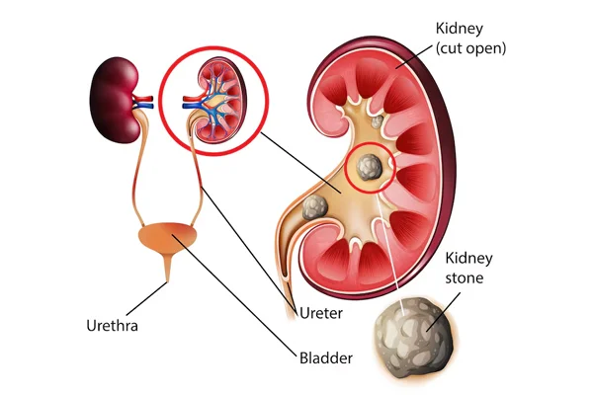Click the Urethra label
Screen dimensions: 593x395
coord(112,326)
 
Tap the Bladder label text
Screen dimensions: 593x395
coord(326,357)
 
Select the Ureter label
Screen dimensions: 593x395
coord(321,313)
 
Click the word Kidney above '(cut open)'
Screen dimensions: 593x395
coord(460,29)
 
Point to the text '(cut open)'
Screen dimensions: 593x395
coord(470,48)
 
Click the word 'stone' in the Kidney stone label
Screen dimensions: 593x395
coord(465,278)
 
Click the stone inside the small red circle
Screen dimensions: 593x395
coord(369,167)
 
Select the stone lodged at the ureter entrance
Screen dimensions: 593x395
coord(314,207)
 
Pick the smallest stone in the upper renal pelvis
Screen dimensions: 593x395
coord(378,121)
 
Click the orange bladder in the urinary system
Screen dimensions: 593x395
coord(168,237)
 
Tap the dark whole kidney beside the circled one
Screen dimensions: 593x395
coord(114,102)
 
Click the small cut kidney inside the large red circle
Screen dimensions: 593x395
coord(220,101)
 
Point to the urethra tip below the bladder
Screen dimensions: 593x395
coord(167,280)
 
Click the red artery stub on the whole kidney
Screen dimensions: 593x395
coord(144,99)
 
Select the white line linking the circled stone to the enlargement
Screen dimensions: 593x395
coord(392,254)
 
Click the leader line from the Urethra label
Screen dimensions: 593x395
coord(146,298)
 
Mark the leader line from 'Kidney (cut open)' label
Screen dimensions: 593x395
coord(414,57)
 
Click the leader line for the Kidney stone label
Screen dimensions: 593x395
coord(443,312)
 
